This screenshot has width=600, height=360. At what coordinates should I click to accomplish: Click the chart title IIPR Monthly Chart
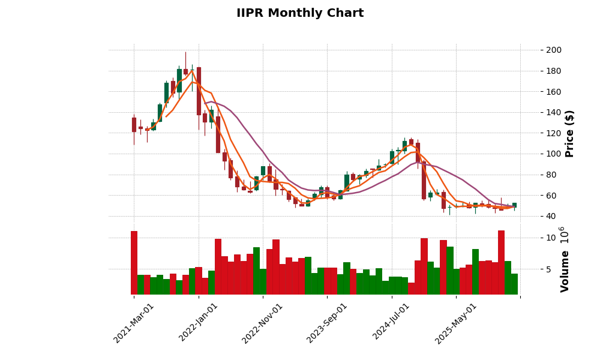pyautogui.click(x=299, y=13)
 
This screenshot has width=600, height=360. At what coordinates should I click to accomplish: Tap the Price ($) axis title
pyautogui.click(x=569, y=133)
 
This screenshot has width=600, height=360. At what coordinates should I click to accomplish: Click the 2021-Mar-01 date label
pyautogui.click(x=133, y=323)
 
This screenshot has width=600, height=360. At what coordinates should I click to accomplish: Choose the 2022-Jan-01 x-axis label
pyautogui.click(x=198, y=323)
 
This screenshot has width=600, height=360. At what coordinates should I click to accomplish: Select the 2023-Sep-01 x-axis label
pyautogui.click(x=326, y=323)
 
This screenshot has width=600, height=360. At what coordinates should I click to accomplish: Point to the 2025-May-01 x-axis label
pyautogui.click(x=455, y=323)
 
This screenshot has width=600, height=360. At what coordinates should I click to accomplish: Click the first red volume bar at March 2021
pyautogui.click(x=134, y=263)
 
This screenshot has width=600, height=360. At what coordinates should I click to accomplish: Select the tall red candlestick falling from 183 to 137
pyautogui.click(x=199, y=91)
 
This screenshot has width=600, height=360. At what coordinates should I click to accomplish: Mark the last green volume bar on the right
pyautogui.click(x=514, y=284)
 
